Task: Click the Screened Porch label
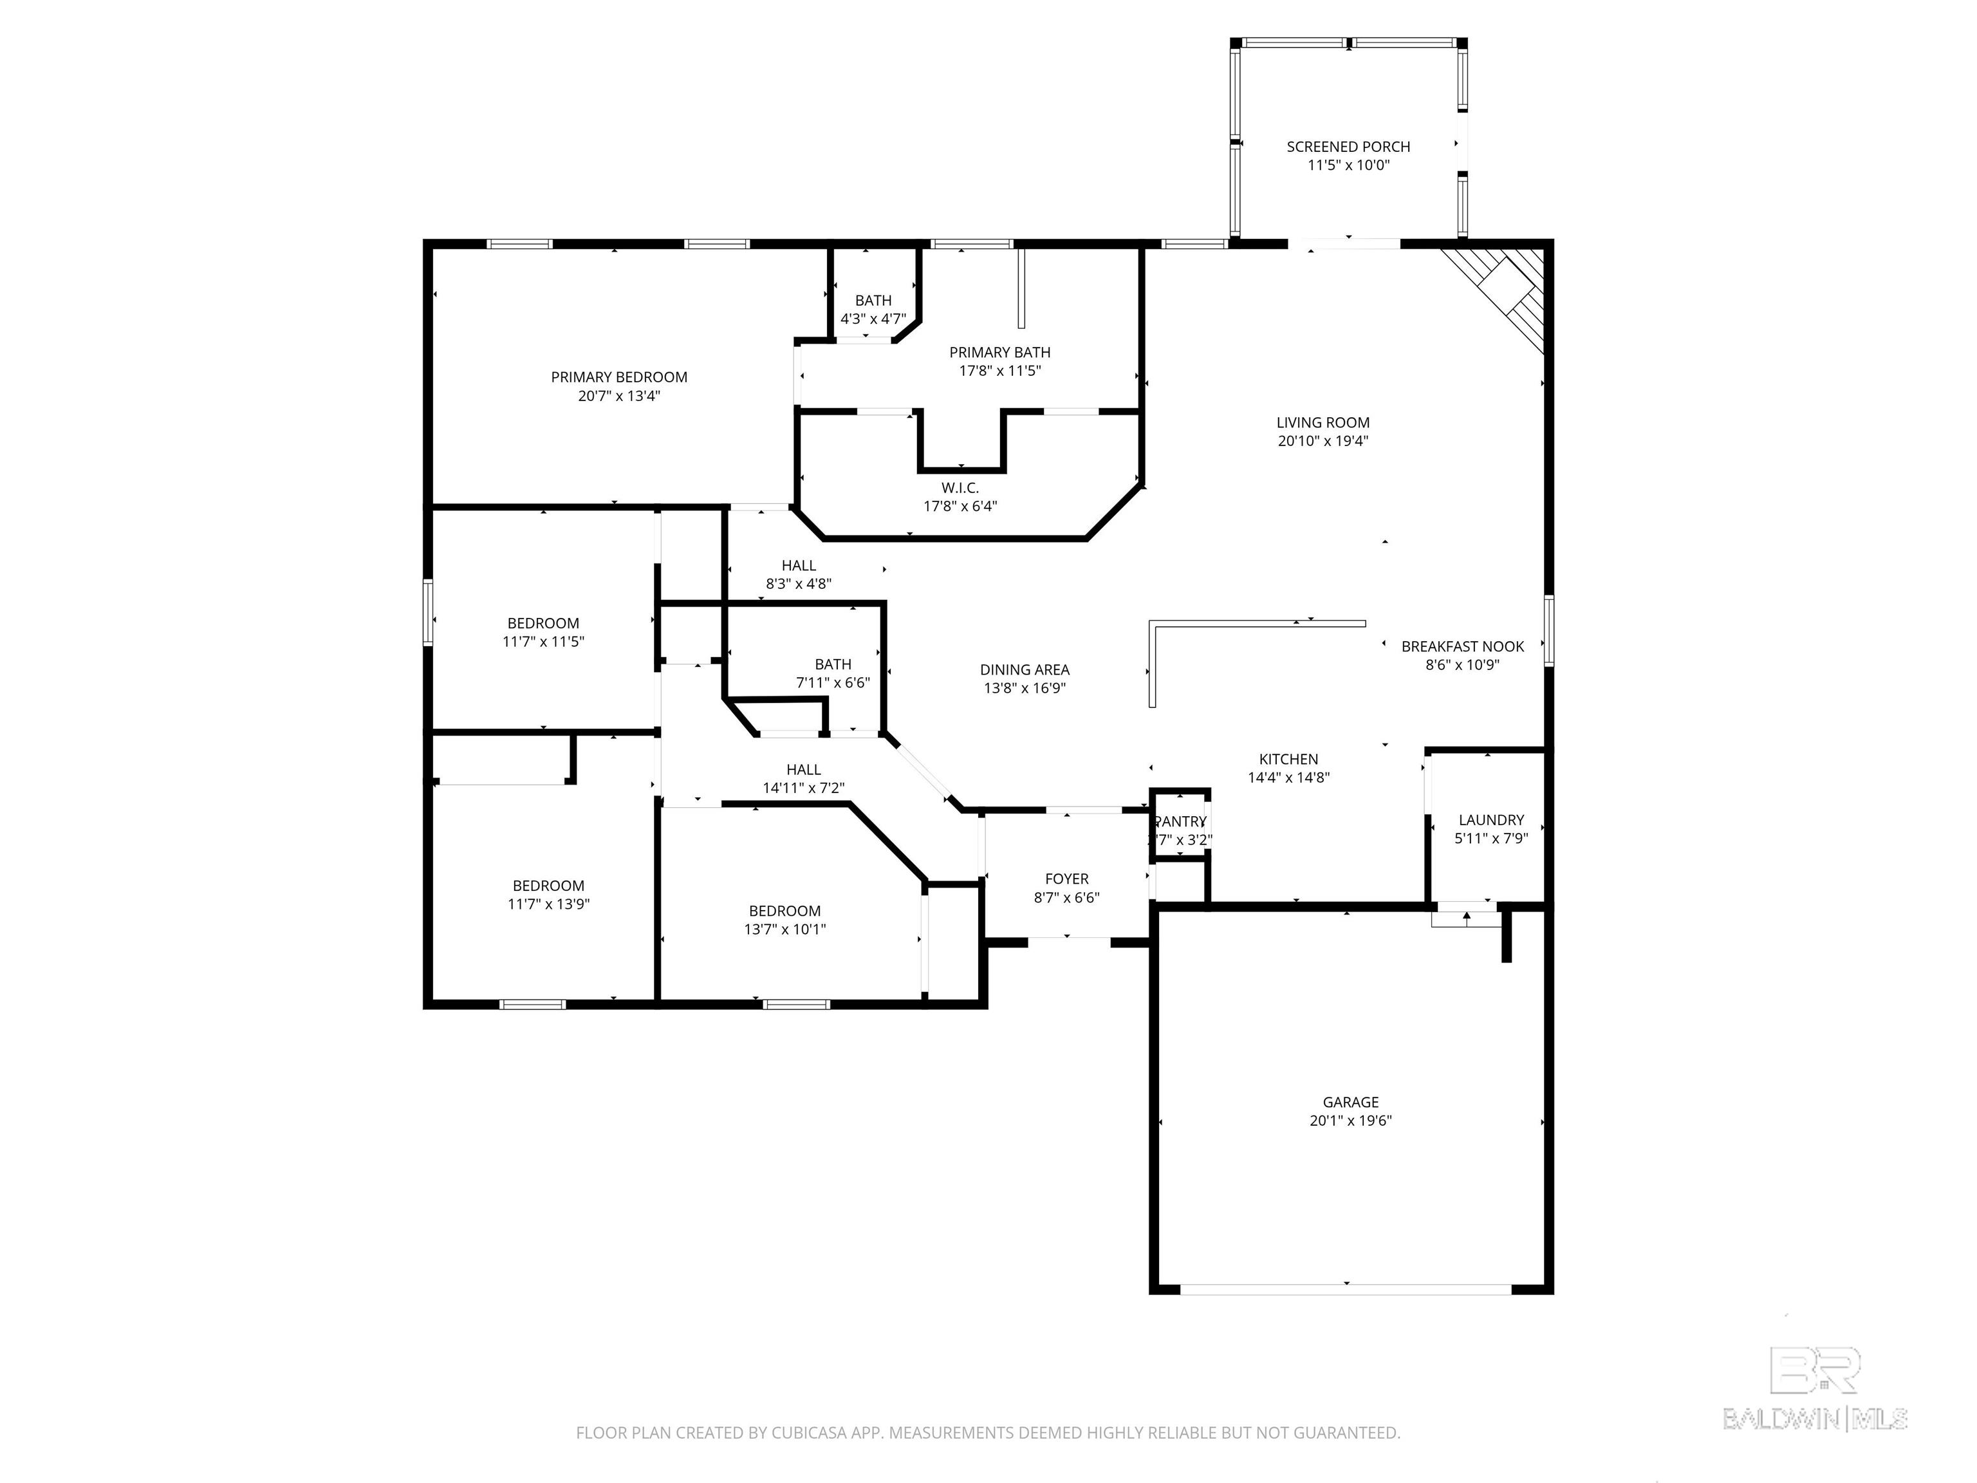click(1348, 147)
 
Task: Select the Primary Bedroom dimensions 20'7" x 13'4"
click(618, 396)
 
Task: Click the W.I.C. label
click(960, 488)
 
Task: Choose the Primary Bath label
click(999, 352)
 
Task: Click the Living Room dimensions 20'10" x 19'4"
click(1323, 441)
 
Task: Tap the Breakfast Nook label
click(1462, 646)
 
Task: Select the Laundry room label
click(1490, 820)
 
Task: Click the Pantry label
click(1181, 821)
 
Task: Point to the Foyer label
click(1066, 879)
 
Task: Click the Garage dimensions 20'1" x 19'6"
click(1350, 1121)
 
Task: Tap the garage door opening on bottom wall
click(1346, 1289)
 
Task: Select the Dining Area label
click(1025, 669)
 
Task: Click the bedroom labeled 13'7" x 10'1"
click(784, 920)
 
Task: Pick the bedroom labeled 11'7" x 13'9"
click(548, 895)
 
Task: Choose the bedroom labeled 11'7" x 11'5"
click(543, 632)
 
